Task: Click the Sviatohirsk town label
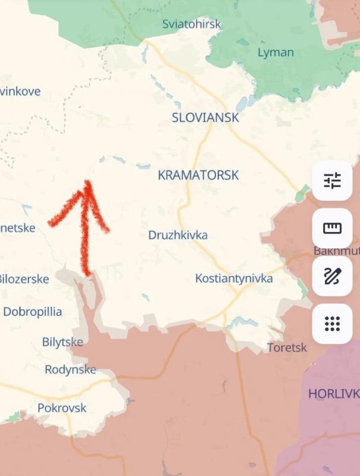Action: tap(192, 24)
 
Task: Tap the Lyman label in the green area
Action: tap(276, 52)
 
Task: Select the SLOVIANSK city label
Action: tap(205, 117)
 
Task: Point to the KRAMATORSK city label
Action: tap(198, 175)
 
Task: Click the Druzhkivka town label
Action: tap(178, 235)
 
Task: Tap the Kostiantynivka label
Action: tap(234, 278)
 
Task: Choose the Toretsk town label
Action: tap(287, 347)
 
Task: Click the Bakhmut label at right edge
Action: tap(336, 251)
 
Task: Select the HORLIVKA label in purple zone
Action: tap(333, 393)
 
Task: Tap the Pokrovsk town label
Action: tap(62, 408)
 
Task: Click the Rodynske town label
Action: tap(70, 369)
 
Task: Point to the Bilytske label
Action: tap(62, 342)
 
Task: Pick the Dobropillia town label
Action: tap(33, 311)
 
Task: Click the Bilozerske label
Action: tap(24, 278)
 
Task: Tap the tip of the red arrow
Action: tap(88, 182)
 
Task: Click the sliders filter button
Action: tap(333, 180)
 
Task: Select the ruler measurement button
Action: tap(333, 228)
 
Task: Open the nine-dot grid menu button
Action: tap(333, 324)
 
